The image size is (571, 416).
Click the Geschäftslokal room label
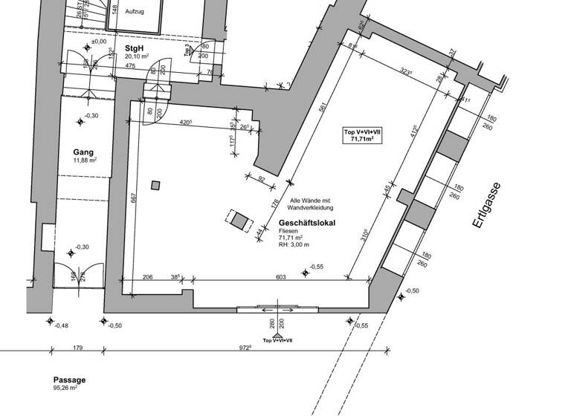click(x=307, y=223)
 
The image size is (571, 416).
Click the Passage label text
click(x=69, y=380)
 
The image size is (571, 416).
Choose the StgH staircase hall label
click(x=135, y=48)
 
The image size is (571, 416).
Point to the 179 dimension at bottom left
click(x=78, y=347)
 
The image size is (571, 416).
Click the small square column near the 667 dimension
click(x=155, y=186)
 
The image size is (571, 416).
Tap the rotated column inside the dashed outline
click(x=239, y=220)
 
